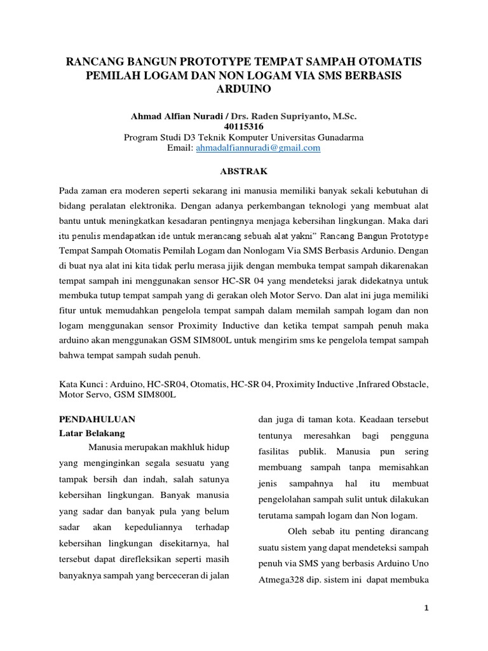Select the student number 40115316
(243, 127)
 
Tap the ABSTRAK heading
(243, 171)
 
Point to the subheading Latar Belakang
(92, 434)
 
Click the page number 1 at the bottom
(427, 608)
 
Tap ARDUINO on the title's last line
(244, 89)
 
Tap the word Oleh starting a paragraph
(299, 531)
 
